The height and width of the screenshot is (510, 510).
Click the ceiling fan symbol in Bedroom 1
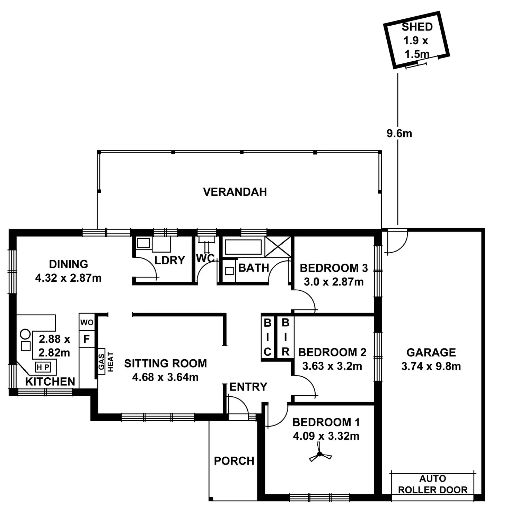320,454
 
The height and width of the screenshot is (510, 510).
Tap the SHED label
417,27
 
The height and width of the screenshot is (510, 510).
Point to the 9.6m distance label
399,133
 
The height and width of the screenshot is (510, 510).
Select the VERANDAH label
235,192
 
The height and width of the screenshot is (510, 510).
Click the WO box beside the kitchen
87,323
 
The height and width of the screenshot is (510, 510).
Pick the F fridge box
87,339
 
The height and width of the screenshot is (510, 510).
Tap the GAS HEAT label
106,362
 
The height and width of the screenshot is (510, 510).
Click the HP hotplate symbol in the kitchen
43,367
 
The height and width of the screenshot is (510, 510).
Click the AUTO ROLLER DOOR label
433,484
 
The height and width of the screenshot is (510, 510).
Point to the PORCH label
234,461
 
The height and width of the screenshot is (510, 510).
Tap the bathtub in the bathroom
243,247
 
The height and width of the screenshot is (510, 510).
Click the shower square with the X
278,247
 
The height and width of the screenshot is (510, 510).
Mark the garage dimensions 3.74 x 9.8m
431,367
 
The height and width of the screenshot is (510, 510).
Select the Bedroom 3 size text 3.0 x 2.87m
334,282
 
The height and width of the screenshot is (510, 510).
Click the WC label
205,258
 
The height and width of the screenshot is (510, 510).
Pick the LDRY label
169,261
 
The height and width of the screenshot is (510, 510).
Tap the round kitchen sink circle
25,334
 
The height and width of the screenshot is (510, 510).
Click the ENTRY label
248,387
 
